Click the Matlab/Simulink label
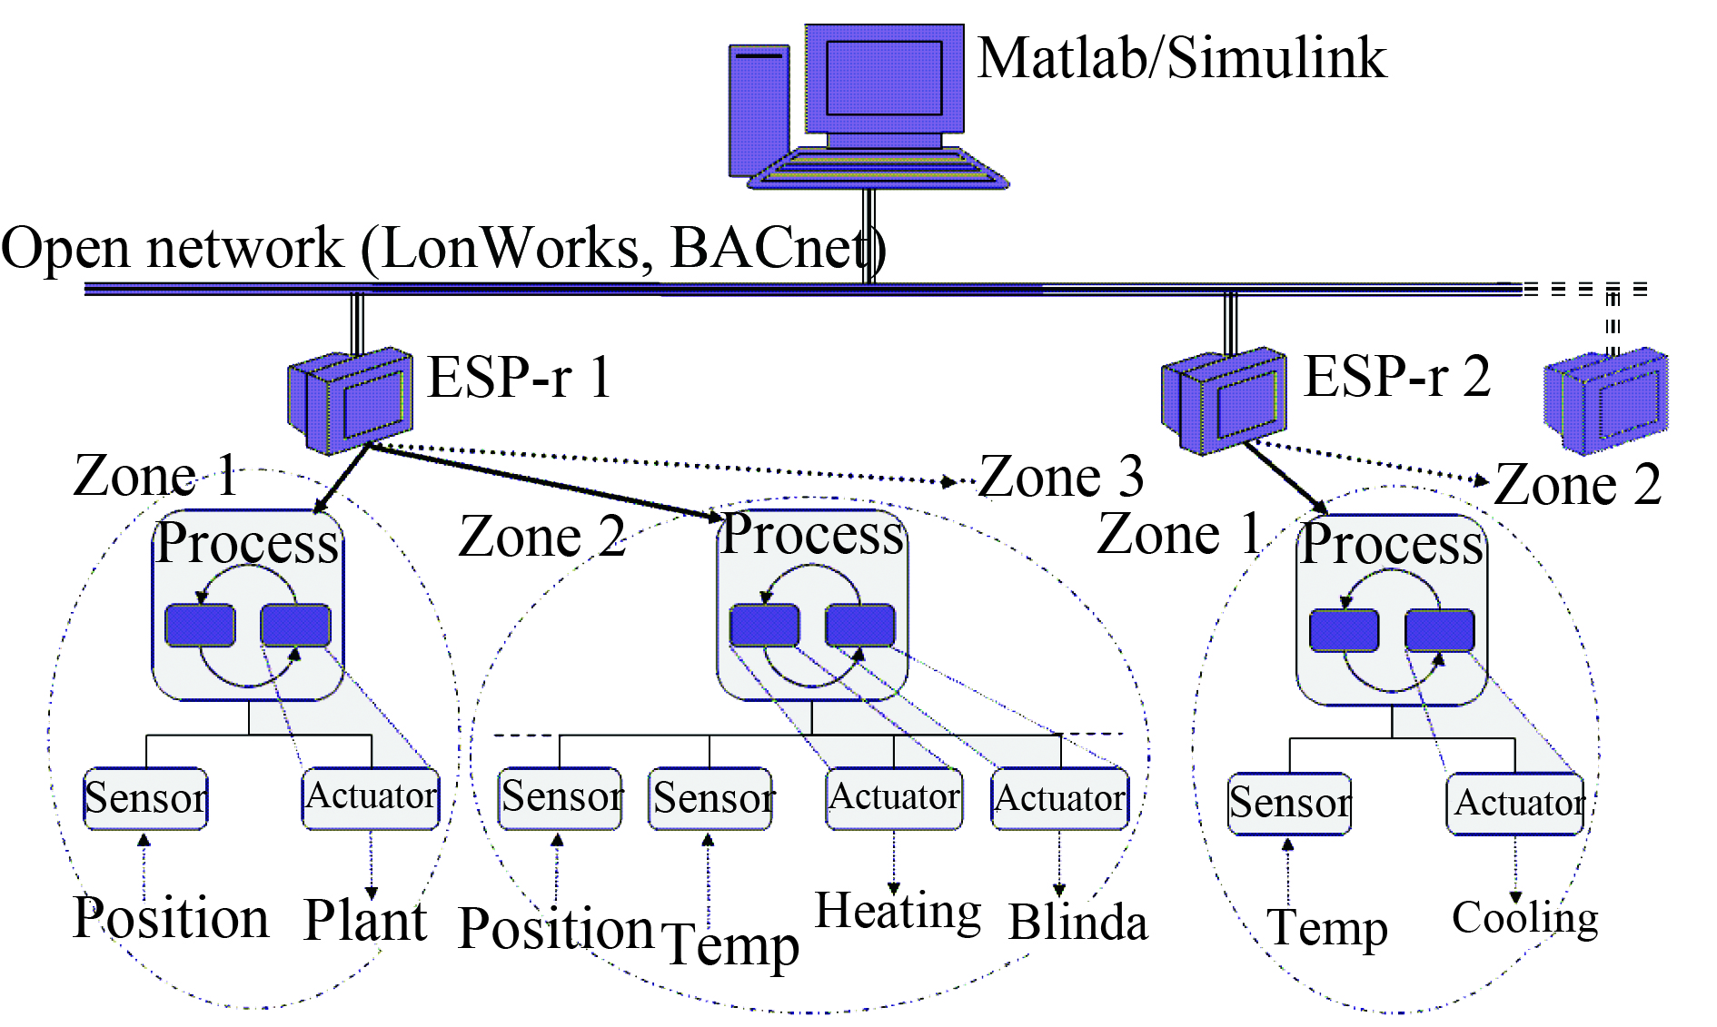[1181, 59]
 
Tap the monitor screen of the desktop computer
[883, 78]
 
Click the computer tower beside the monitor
[759, 109]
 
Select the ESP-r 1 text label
[520, 378]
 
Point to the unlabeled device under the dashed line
[1606, 400]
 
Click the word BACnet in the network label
[772, 248]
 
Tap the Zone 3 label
[1061, 477]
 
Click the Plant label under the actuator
[365, 921]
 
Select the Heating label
[898, 912]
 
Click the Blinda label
[1077, 923]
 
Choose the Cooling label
[1524, 919]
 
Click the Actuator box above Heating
[894, 798]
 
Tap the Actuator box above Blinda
[1060, 799]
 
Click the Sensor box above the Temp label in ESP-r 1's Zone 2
[710, 799]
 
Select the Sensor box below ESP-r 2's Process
[1289, 804]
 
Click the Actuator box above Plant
[371, 797]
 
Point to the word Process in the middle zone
[812, 534]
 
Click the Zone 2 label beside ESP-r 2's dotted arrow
[1577, 485]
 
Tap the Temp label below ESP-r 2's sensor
[1326, 928]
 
